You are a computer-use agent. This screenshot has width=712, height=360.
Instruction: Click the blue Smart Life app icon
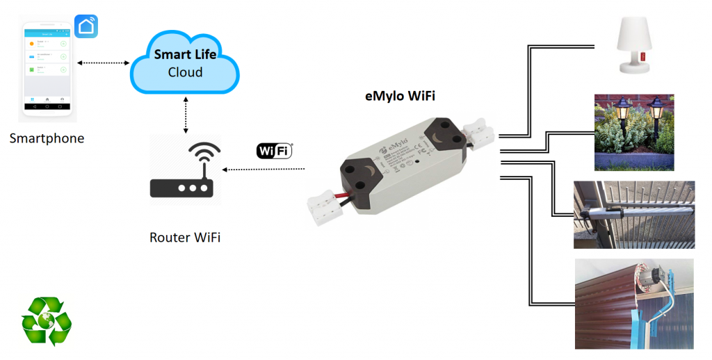(87, 26)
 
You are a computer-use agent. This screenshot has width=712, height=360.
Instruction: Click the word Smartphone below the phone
(47, 138)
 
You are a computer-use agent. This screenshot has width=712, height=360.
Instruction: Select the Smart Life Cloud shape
(185, 63)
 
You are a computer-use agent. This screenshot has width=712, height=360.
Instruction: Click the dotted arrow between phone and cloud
(104, 63)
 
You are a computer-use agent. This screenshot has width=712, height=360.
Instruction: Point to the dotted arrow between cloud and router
(185, 114)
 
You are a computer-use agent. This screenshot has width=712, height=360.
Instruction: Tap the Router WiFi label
(185, 238)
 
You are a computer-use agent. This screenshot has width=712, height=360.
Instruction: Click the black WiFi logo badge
(275, 151)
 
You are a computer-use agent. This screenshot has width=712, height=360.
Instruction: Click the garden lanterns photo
(633, 132)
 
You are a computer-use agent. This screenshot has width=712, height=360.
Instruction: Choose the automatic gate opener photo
(633, 214)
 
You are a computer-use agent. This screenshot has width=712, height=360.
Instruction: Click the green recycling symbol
(46, 320)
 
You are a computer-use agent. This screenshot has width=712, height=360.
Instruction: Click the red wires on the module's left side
(346, 196)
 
